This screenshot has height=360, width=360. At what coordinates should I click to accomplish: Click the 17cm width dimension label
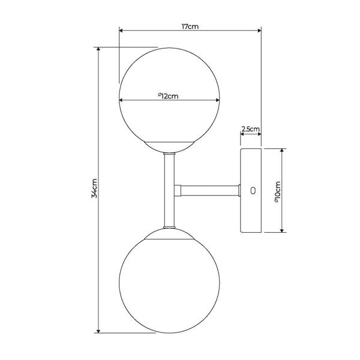(190, 26)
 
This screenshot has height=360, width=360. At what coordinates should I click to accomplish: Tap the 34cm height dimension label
(94, 188)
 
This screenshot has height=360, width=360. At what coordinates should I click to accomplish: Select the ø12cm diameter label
(168, 96)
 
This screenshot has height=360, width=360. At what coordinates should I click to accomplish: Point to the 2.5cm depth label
(250, 129)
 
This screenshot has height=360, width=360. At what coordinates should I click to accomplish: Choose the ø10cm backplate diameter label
(278, 192)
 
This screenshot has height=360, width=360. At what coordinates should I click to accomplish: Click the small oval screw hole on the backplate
(253, 191)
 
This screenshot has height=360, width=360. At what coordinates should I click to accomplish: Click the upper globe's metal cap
(169, 147)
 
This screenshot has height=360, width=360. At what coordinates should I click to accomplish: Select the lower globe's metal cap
(169, 234)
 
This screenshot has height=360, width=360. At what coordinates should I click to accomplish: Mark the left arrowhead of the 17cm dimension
(121, 31)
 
